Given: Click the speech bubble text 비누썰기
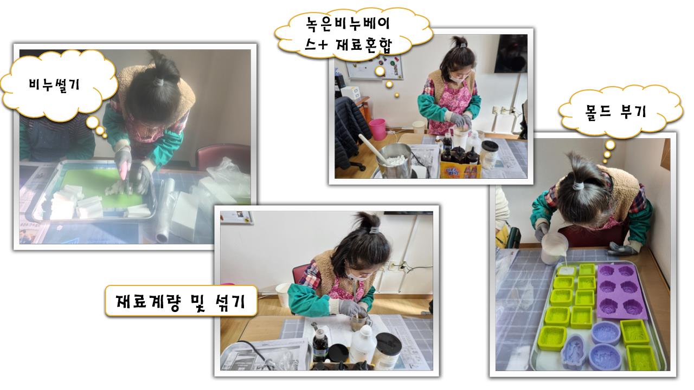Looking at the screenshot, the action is click(x=55, y=84).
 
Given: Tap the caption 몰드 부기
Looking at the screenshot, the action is click(x=615, y=112).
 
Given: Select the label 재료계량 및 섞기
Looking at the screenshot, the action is click(x=181, y=301).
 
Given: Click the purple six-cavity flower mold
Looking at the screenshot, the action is click(x=621, y=291).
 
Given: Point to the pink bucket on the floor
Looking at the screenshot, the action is click(x=377, y=129).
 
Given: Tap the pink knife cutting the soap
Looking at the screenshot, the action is click(x=124, y=171).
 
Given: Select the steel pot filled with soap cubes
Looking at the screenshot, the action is click(x=394, y=161).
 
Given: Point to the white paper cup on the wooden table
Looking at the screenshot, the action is click(x=282, y=295).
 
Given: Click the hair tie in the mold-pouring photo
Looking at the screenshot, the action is click(x=577, y=186).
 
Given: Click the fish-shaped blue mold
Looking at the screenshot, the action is click(x=574, y=352).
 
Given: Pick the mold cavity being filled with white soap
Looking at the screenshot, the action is click(x=567, y=271).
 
